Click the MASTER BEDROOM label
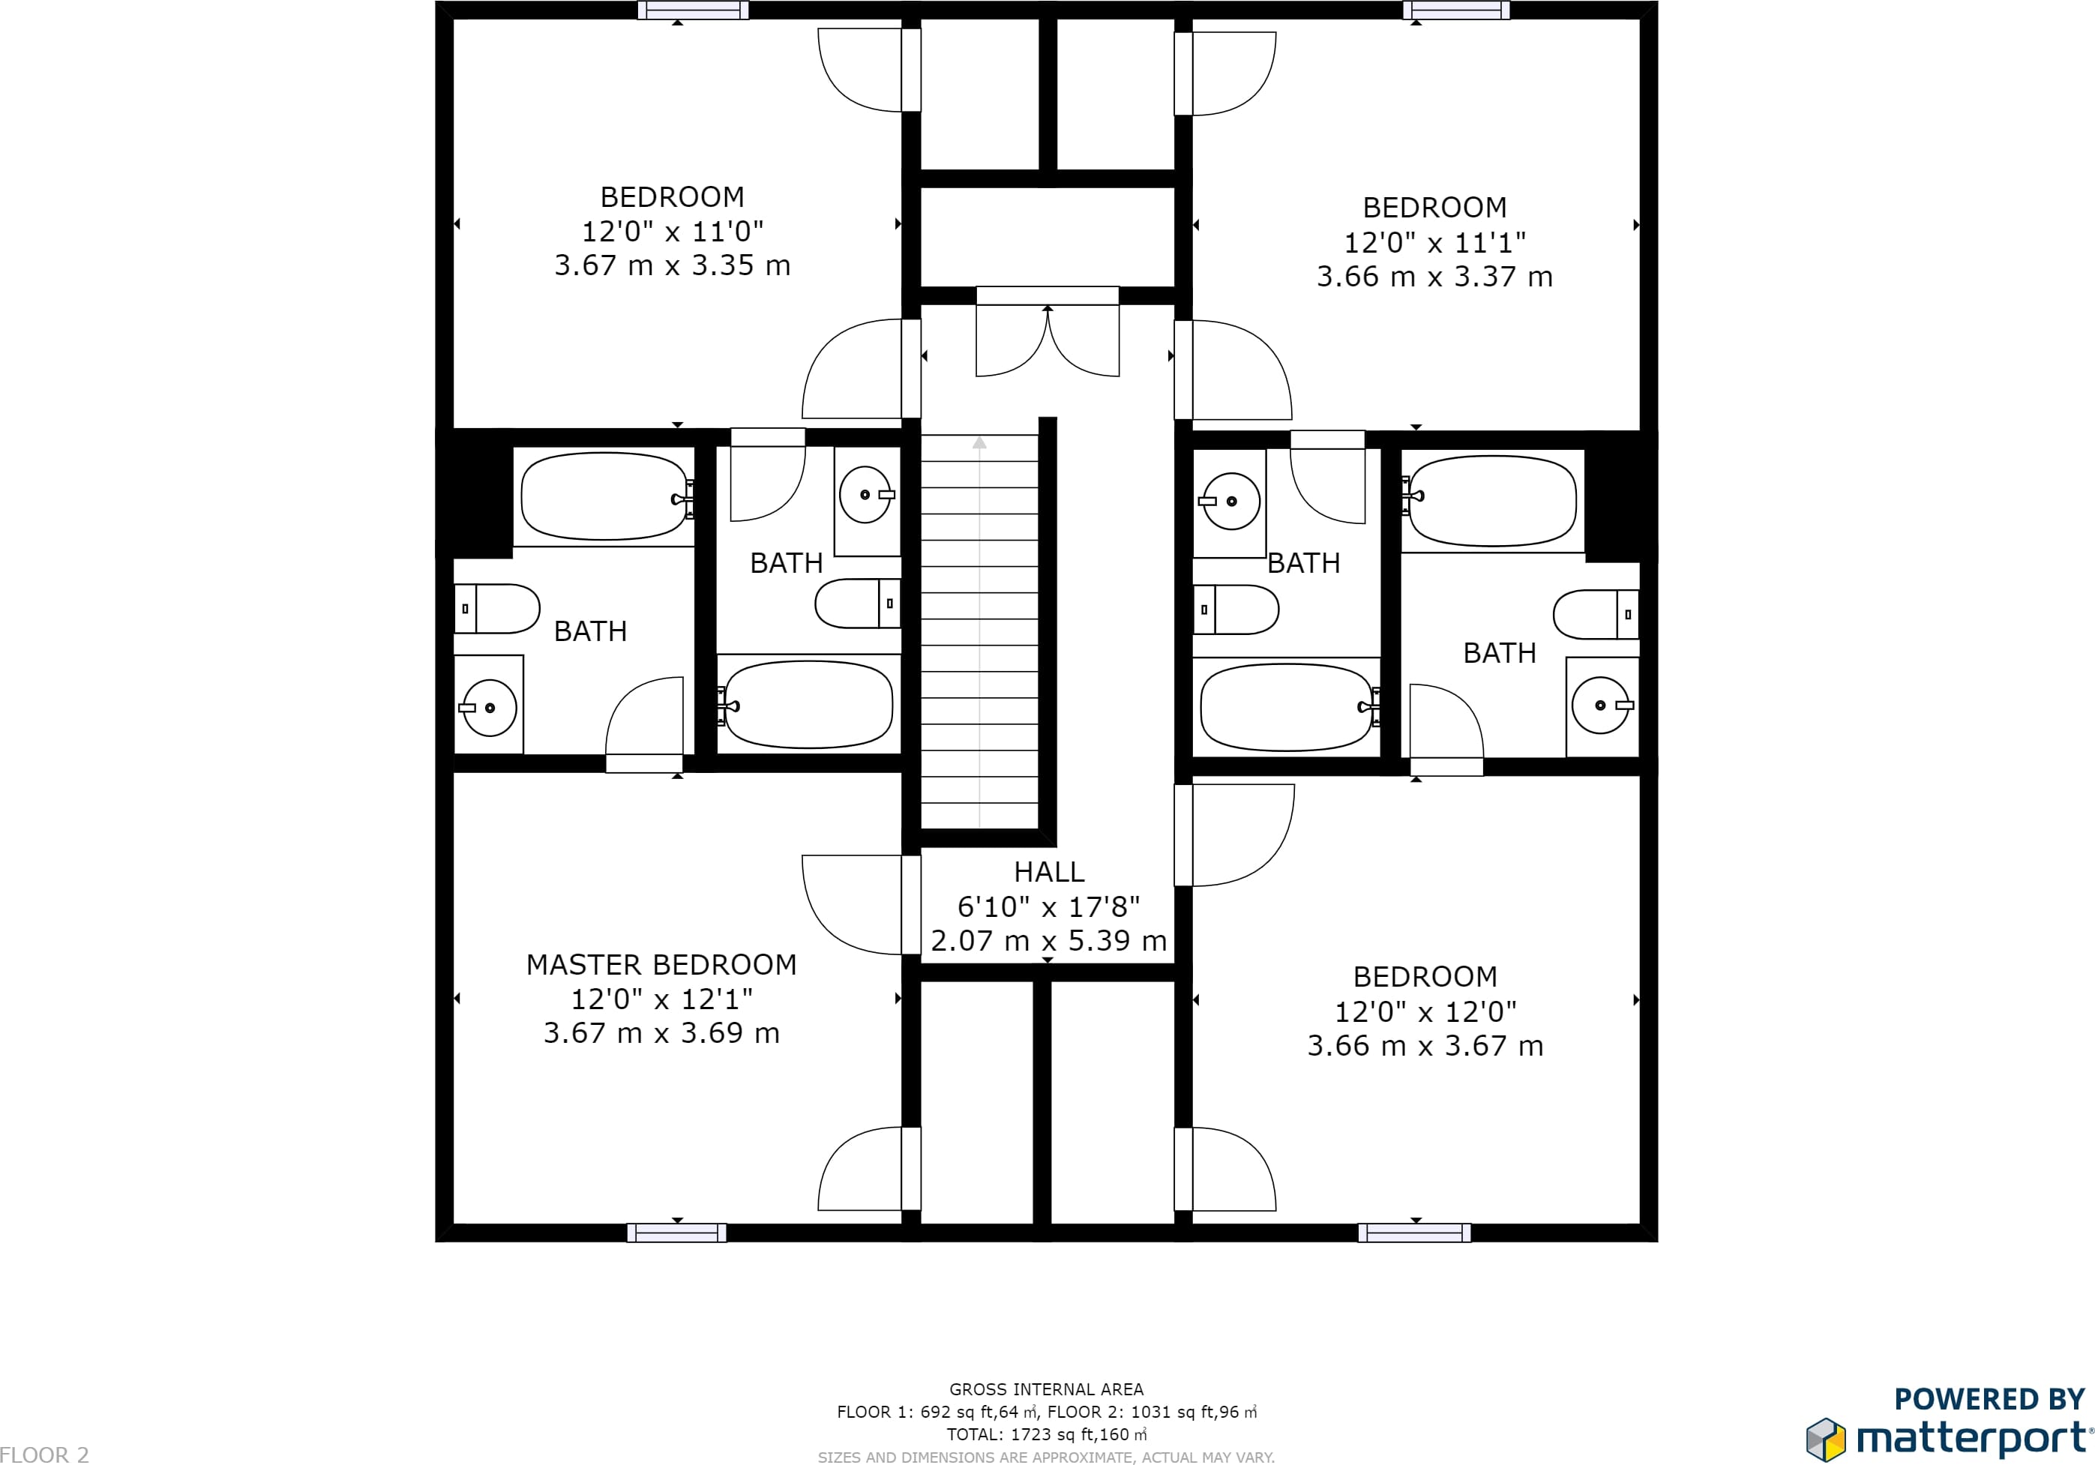(661, 965)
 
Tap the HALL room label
(1049, 872)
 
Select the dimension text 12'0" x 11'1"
(1434, 243)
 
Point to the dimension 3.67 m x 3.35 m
(673, 265)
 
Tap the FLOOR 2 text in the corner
(45, 1454)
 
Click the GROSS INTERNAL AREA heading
(1047, 1389)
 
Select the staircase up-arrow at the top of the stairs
(979, 443)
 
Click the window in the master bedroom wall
(677, 1233)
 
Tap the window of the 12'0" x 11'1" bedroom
(1456, 10)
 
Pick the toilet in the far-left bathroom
(497, 609)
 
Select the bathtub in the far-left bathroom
(604, 496)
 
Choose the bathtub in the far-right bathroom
(1494, 501)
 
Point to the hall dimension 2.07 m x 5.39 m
(1048, 940)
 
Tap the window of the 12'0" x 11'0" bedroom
(694, 10)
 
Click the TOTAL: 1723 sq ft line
(1047, 1434)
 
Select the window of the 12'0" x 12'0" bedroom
(1414, 1233)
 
